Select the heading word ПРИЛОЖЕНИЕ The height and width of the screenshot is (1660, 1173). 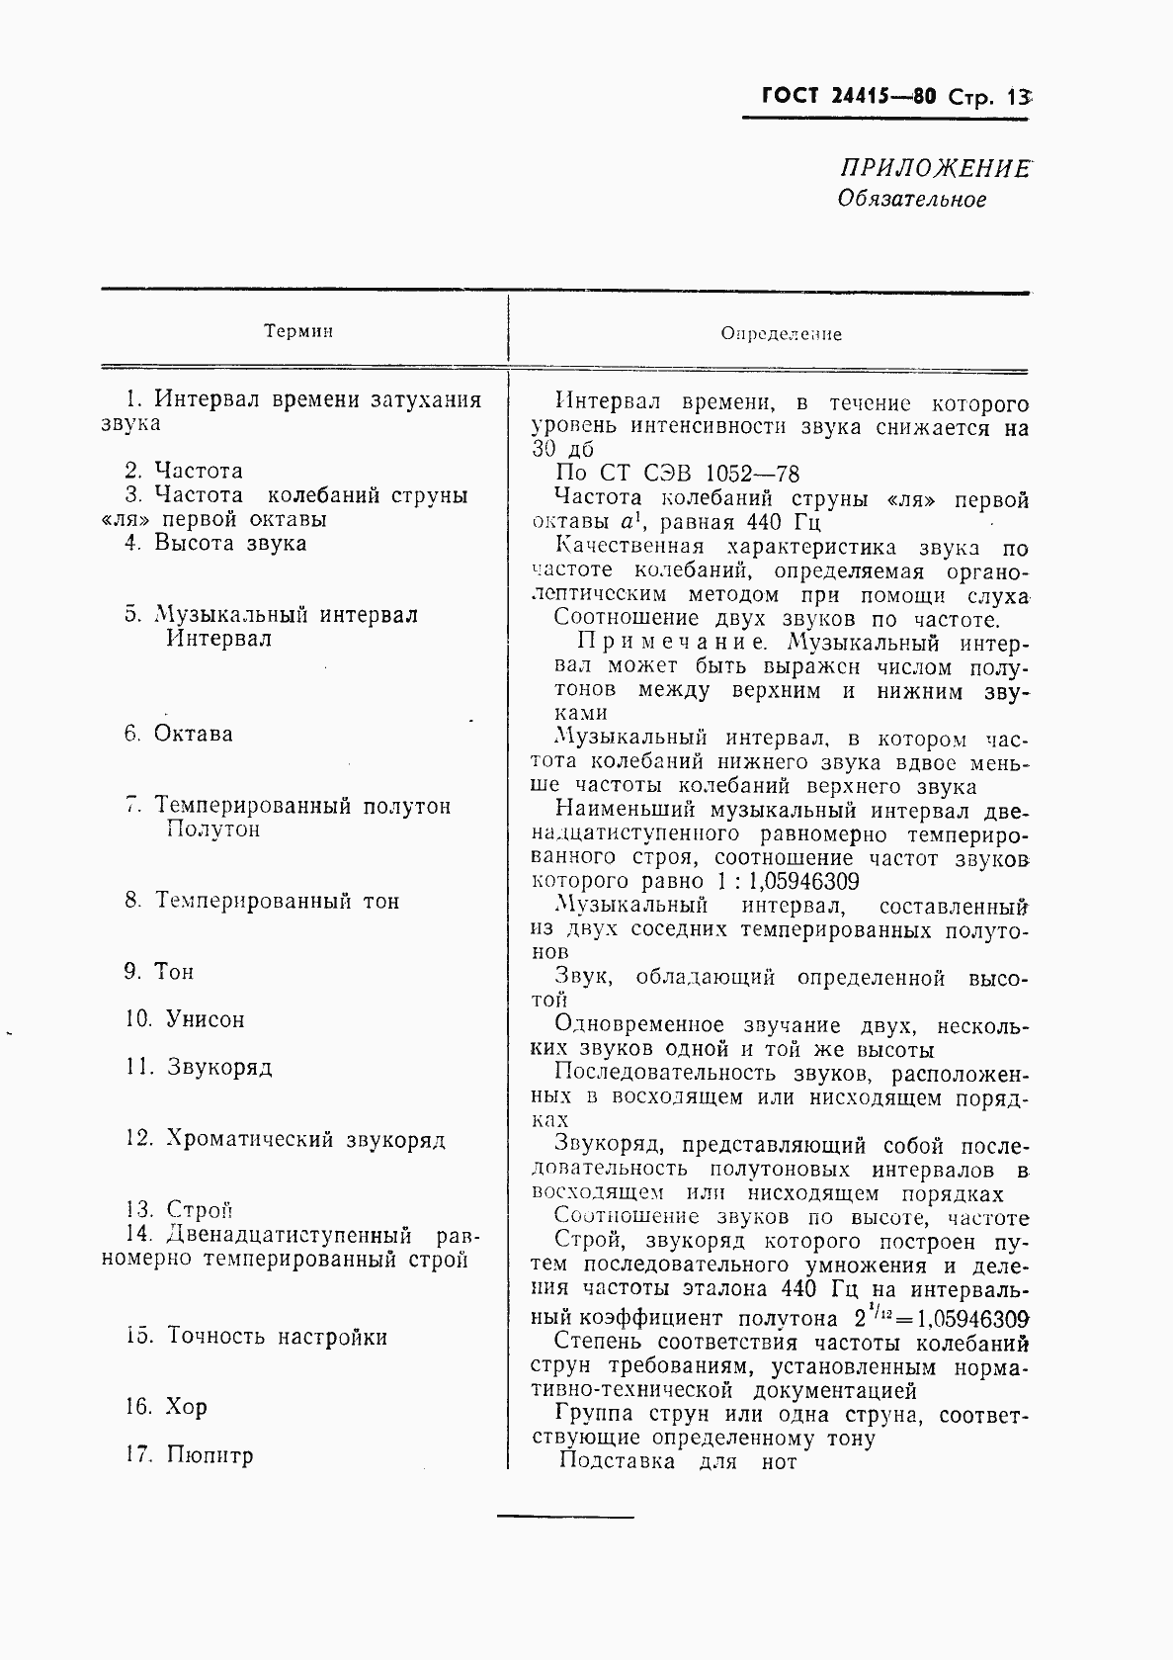[x=933, y=169]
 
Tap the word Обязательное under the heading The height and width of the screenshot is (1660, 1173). [x=911, y=200]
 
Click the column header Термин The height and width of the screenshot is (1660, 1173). [x=298, y=331]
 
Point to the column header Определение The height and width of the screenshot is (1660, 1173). [x=781, y=334]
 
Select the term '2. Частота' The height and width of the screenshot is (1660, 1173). [x=184, y=472]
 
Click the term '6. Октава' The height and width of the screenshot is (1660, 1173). [x=179, y=734]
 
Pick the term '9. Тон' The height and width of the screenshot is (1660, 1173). [x=159, y=972]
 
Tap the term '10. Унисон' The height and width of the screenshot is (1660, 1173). [x=185, y=1019]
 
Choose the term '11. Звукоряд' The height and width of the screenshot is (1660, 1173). [x=199, y=1068]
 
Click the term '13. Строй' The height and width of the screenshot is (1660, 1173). [x=179, y=1210]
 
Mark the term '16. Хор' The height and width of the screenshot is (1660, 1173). [x=166, y=1407]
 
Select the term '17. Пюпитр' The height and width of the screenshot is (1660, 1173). [x=189, y=1455]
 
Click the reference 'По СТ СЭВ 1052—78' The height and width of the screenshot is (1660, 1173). [x=677, y=474]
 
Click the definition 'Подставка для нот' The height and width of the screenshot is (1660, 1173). [x=678, y=1461]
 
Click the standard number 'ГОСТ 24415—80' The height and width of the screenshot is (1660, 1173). [x=849, y=98]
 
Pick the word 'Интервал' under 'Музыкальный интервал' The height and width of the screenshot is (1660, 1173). [x=218, y=639]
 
